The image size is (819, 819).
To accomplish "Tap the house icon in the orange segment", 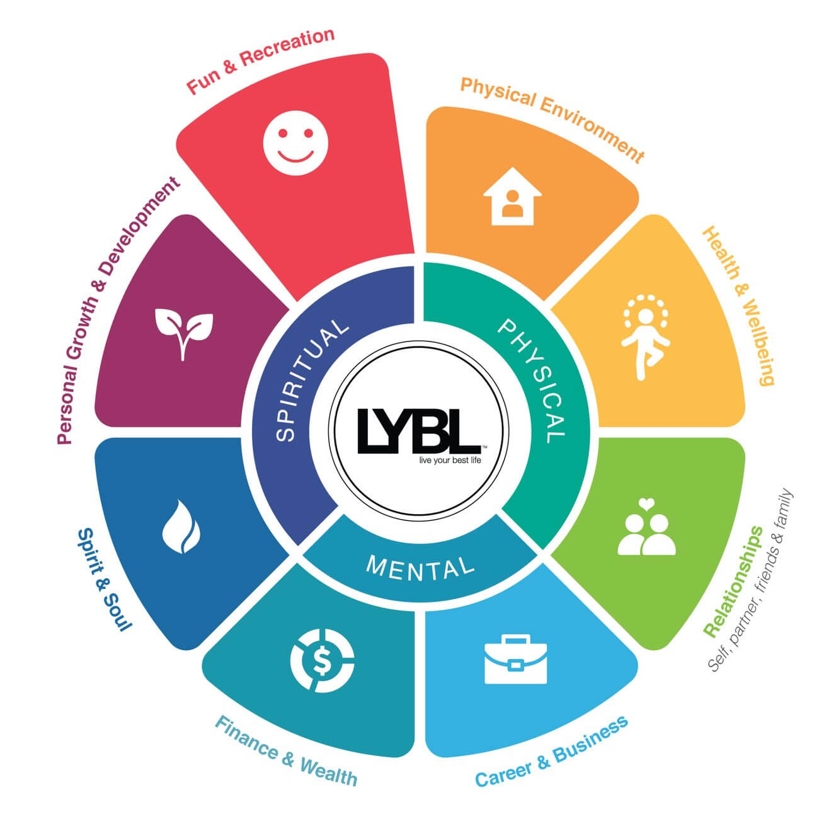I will tap(512, 197).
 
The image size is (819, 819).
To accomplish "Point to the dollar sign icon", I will tap(322, 660).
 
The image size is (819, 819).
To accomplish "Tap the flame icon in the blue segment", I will tap(181, 526).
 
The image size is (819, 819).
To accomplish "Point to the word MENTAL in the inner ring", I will tap(420, 566).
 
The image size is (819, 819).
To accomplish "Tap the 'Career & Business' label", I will tap(551, 752).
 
